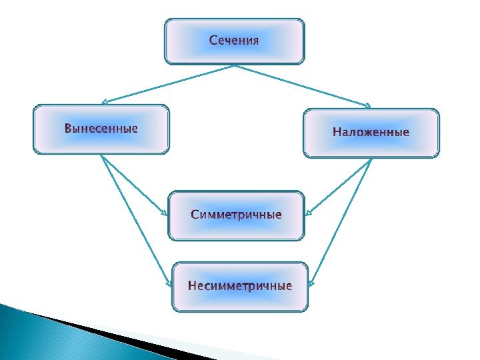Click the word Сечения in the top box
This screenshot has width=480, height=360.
point(234,41)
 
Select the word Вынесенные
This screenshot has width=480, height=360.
point(101,128)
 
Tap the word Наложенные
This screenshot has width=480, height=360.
point(371,133)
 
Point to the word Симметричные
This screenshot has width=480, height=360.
point(237,215)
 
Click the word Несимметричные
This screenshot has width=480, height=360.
point(240,287)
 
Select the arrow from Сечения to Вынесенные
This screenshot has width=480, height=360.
point(167,84)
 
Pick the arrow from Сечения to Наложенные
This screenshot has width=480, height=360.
point(303,86)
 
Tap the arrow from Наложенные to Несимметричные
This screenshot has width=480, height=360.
point(342,220)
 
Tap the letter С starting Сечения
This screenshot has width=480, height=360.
point(213,41)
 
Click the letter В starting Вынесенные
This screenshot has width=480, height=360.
point(67,128)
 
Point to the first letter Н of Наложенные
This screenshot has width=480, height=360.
point(337,133)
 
